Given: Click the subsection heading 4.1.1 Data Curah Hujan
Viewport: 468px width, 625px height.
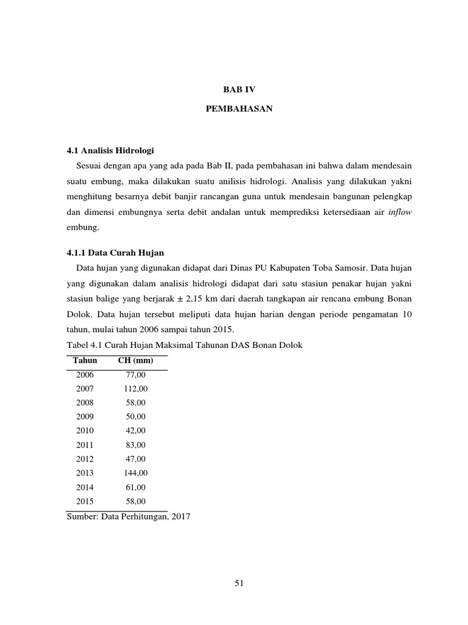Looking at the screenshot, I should point(115,252).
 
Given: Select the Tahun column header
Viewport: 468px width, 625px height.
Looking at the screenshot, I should point(85,361).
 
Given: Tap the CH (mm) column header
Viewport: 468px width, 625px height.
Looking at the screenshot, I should point(135,361).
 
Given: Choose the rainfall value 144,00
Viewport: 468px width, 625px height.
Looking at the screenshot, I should point(136,473).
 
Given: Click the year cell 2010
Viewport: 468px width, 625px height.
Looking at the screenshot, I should point(85,431).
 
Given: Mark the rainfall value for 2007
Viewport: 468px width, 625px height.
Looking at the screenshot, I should point(136,389).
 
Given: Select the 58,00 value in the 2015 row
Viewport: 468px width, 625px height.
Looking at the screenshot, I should point(136,501).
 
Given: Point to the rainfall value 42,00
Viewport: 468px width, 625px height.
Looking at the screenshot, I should point(136,431).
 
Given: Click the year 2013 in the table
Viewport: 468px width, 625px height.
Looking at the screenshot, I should point(85,473).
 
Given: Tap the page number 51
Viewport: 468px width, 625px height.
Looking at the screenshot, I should point(239,583).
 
